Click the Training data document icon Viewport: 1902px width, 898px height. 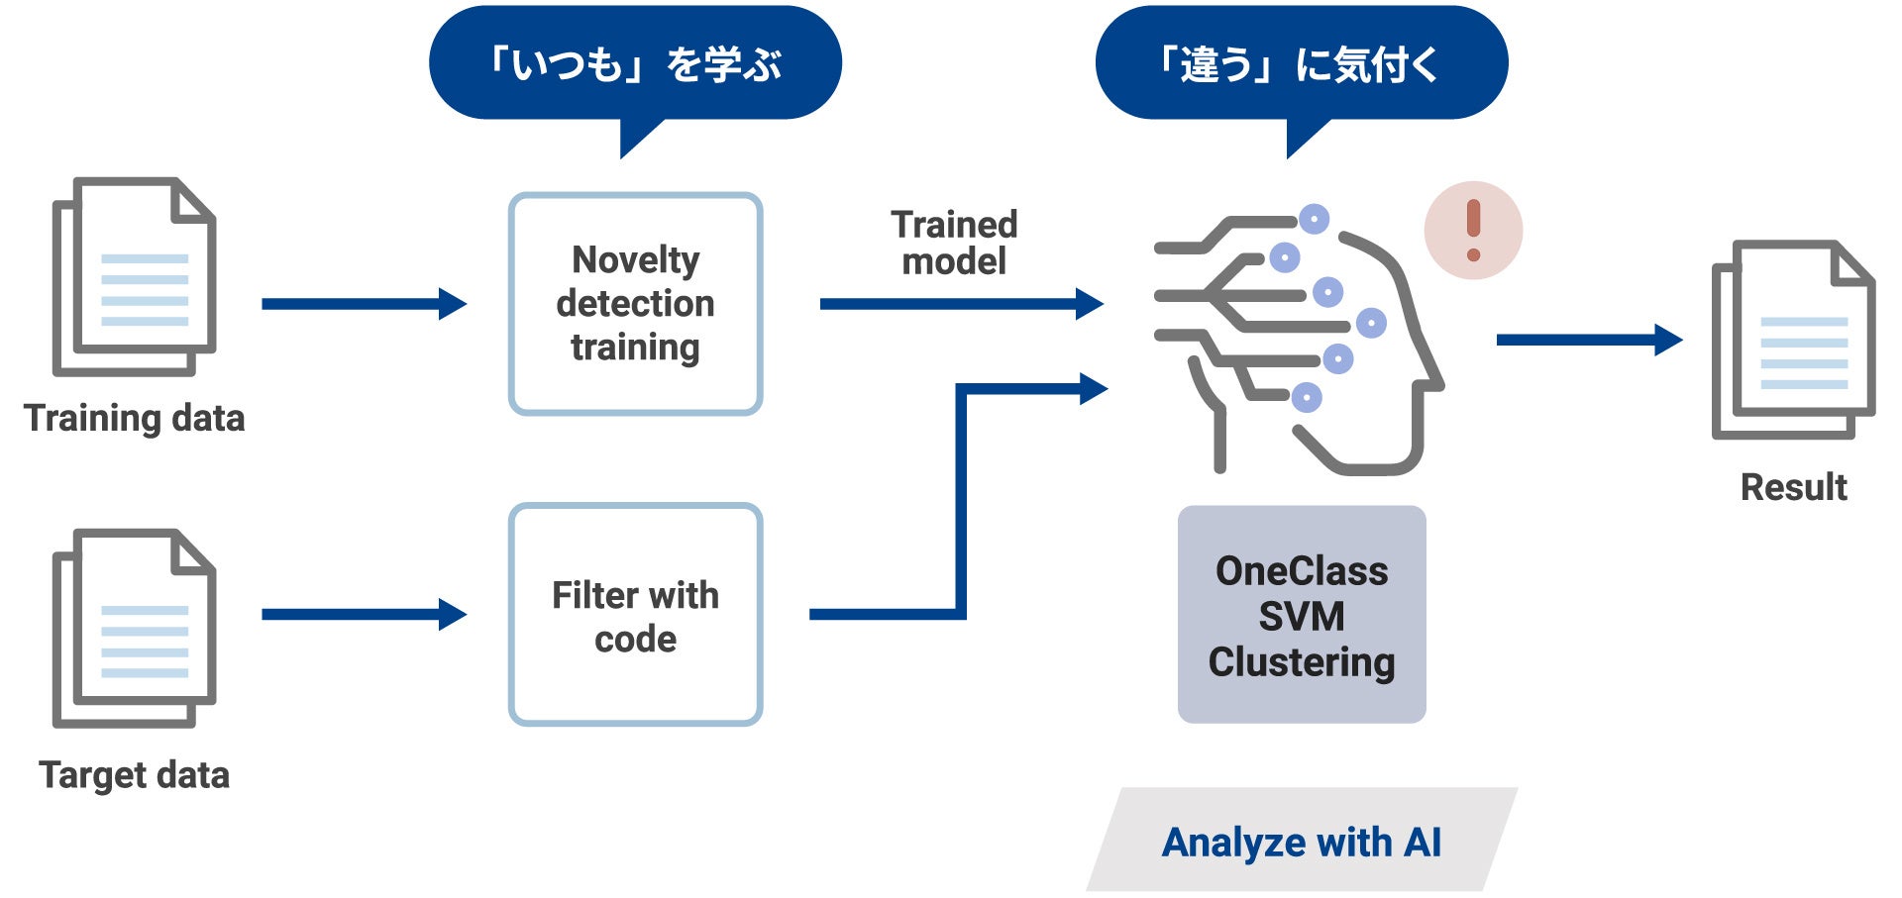[x=134, y=276]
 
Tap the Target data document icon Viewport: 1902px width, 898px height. [x=134, y=628]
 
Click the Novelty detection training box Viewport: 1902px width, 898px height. [x=635, y=304]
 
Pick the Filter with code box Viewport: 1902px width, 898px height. [x=635, y=615]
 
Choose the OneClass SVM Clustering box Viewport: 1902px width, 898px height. [x=1301, y=615]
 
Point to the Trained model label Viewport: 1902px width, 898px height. [x=954, y=243]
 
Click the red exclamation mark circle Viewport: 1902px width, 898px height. [x=1473, y=231]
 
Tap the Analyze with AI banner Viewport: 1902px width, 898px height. [x=1301, y=842]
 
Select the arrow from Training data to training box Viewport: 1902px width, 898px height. [x=363, y=304]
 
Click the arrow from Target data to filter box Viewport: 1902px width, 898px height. [x=363, y=615]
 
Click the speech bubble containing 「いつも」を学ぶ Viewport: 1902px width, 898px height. [x=635, y=64]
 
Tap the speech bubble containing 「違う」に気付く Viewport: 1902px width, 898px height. [x=1301, y=64]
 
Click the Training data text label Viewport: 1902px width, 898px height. [x=134, y=418]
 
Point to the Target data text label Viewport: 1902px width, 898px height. [x=134, y=774]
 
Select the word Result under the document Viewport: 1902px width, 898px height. [x=1793, y=487]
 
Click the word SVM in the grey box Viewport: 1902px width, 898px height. [x=1301, y=617]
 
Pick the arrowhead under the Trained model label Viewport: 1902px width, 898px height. [x=1090, y=304]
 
